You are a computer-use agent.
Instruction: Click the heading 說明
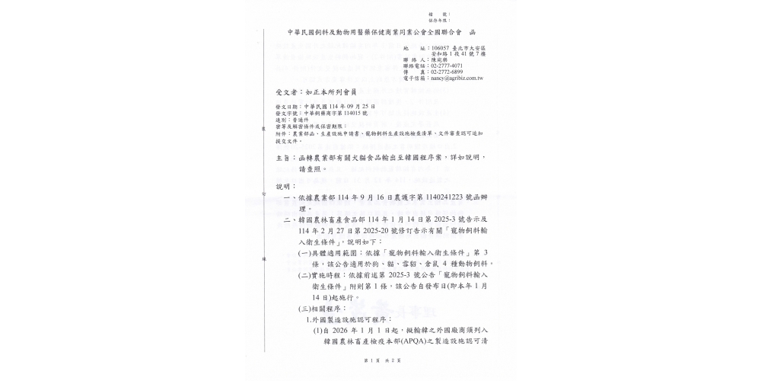click(x=282, y=185)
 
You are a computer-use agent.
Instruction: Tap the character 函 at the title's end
click(x=473, y=33)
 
